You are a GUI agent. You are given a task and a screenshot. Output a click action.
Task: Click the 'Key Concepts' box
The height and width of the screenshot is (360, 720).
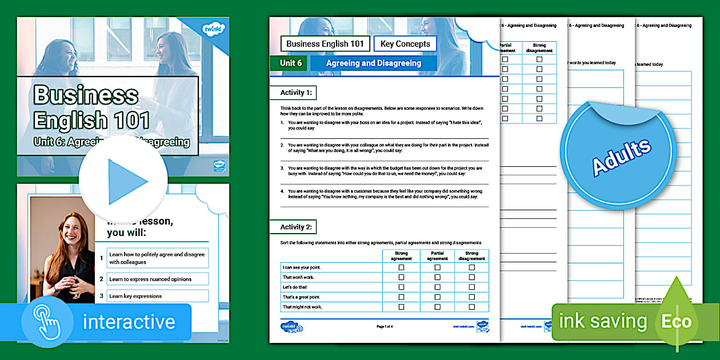tap(405, 44)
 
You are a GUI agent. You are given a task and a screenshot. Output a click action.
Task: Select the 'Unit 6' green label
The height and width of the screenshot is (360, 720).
tap(290, 63)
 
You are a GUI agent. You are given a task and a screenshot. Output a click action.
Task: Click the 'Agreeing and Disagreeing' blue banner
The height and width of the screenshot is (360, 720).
tap(373, 63)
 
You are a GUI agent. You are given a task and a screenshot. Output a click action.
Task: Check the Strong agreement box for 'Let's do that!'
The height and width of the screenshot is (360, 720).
tap(401, 287)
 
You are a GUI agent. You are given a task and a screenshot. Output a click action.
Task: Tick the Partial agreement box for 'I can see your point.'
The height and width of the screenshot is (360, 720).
tap(437, 267)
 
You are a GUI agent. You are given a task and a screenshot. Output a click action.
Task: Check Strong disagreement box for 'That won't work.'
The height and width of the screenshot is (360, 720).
tap(471, 277)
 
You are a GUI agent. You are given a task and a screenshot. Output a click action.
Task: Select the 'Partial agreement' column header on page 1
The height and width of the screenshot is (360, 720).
tap(437, 255)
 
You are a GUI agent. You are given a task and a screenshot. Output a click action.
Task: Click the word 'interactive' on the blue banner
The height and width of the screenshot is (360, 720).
tap(129, 322)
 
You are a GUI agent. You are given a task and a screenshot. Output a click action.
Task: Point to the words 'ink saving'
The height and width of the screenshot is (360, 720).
tap(603, 322)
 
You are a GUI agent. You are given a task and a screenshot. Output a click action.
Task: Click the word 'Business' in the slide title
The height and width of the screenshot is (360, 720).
tap(86, 95)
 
